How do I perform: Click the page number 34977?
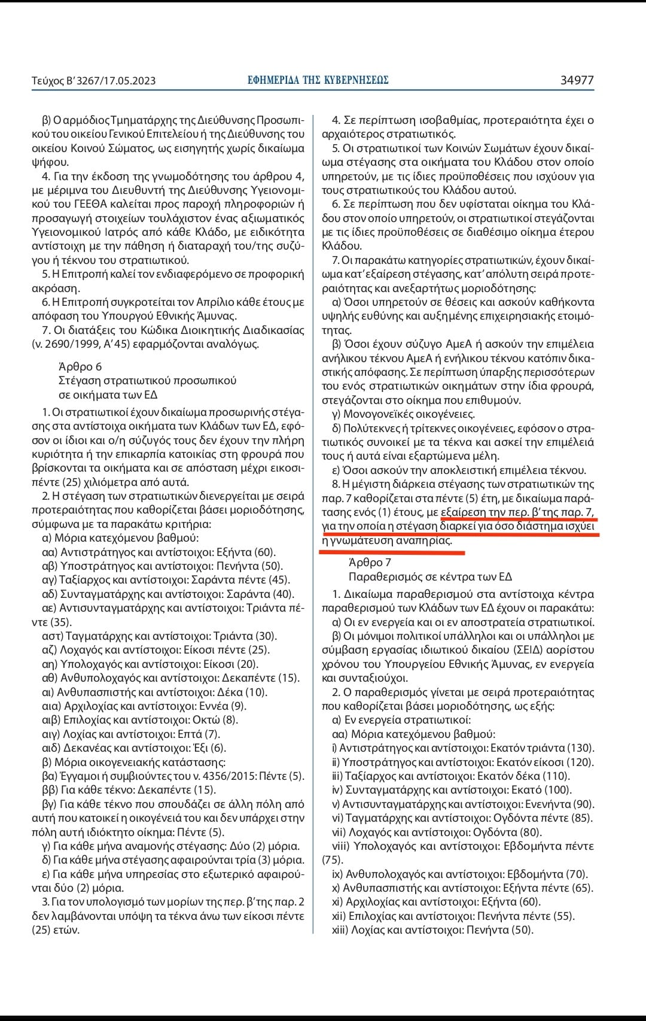[577, 80]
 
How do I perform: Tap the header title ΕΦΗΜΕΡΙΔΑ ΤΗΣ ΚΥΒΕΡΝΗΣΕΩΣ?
[318, 80]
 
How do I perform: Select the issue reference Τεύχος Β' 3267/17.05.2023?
[93, 80]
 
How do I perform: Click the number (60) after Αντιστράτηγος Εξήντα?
[265, 552]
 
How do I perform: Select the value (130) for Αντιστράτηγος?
[580, 747]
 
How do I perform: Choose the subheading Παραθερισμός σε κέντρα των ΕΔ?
[430, 576]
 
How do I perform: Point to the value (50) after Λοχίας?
[521, 929]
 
